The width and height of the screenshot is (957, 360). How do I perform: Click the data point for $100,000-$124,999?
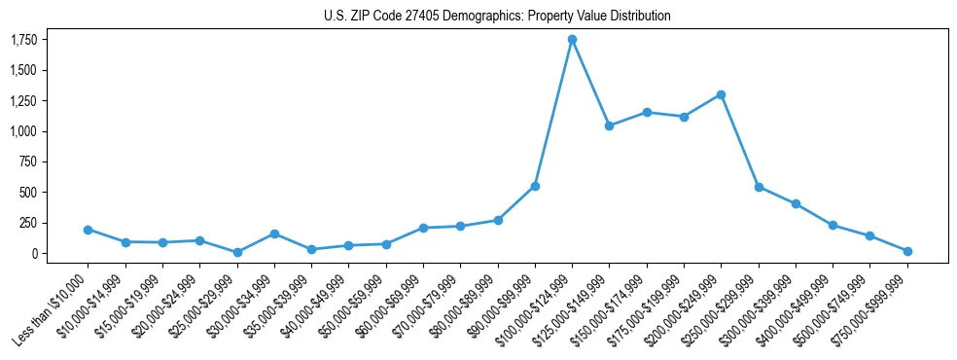(x=572, y=39)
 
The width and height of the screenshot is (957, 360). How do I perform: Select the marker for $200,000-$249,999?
(x=721, y=94)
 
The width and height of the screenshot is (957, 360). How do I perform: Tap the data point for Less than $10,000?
(x=88, y=230)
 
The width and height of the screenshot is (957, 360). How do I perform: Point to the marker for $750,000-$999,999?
(x=907, y=251)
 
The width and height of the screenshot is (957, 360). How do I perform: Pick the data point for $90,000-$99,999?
(x=535, y=186)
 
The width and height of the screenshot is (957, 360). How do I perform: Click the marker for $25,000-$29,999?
(x=237, y=252)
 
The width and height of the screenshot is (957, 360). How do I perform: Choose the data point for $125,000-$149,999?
(x=609, y=126)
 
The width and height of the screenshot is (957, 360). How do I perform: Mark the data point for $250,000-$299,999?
(x=759, y=187)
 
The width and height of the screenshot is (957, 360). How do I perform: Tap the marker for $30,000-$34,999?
(x=274, y=234)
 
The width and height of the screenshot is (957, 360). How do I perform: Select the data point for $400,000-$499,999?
(x=833, y=225)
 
